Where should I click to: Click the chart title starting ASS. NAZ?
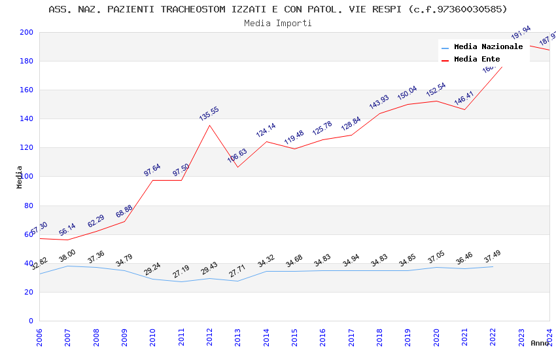pos(278,9)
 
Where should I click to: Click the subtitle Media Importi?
pos(278,23)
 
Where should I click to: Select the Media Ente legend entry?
pos(477,59)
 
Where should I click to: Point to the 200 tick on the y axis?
pos(27,33)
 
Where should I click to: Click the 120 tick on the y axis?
pos(27,148)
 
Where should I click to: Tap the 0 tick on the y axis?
pos(31,321)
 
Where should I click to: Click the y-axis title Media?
pos(20,177)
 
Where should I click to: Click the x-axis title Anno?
pos(540,343)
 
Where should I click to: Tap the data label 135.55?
pos(209,113)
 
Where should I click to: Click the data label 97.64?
pos(152,170)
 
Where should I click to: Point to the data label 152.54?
pos(436,90)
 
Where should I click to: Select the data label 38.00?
pos(67,255)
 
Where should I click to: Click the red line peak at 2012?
pos(209,125)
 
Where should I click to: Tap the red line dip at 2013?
pos(237,167)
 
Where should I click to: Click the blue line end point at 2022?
pos(493,266)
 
